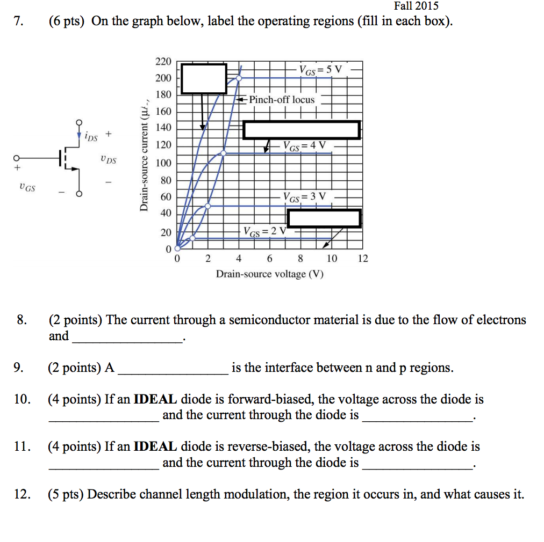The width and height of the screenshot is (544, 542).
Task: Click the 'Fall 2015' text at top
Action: click(416, 6)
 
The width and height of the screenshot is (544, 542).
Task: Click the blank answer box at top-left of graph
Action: click(204, 79)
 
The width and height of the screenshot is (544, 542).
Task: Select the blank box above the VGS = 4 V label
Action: click(301, 130)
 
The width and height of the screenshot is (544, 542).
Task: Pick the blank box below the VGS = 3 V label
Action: click(324, 218)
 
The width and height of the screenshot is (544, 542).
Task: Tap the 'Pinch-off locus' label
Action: click(282, 100)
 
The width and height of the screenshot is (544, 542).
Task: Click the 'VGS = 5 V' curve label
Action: click(320, 70)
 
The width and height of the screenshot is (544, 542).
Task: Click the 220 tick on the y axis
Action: click(163, 62)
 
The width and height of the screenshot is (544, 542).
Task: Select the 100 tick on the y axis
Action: click(163, 163)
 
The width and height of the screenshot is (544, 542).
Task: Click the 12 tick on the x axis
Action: click(363, 259)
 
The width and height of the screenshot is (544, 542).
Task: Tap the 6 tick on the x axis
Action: click(269, 259)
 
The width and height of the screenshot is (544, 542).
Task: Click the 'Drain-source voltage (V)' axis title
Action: click(270, 274)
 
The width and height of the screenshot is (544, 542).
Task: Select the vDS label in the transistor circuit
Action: click(108, 159)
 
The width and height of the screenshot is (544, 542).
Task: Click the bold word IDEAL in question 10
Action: click(155, 400)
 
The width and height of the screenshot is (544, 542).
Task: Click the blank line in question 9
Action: click(173, 369)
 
